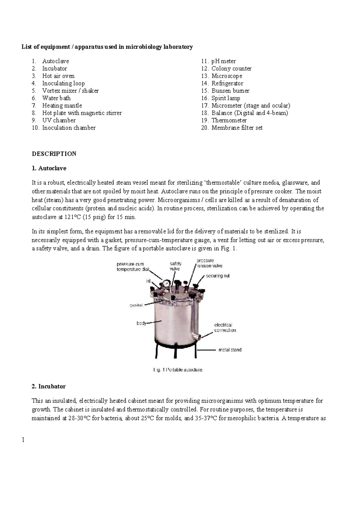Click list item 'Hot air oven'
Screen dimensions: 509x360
pyautogui.click(x=58, y=76)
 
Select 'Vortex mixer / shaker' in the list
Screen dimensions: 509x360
pyautogui.click(x=70, y=91)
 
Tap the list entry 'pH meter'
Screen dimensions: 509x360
pyautogui.click(x=223, y=61)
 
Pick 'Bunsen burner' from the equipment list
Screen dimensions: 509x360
pyautogui.click(x=230, y=91)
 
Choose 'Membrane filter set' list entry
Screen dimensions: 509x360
pyautogui.click(x=237, y=128)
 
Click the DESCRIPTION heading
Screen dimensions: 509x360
pyautogui.click(x=54, y=154)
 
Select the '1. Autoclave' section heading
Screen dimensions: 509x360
pyautogui.click(x=49, y=168)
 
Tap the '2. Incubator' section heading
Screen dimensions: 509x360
pyautogui.click(x=48, y=386)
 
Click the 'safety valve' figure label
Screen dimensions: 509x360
pyautogui.click(x=175, y=266)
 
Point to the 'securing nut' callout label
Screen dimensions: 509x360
pyautogui.click(x=217, y=276)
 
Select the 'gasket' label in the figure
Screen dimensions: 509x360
pyautogui.click(x=136, y=305)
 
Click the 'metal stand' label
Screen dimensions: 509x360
pyautogui.click(x=230, y=350)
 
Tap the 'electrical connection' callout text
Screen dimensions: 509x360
pyautogui.click(x=225, y=327)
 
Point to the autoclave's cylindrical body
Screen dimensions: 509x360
pyautogui.click(x=171, y=323)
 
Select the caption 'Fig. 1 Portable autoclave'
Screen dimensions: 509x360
pyautogui.click(x=178, y=370)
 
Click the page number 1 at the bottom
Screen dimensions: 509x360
pyautogui.click(x=23, y=440)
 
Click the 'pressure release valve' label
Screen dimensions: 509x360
pyautogui.click(x=209, y=263)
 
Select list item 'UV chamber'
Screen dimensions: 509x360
pyautogui.click(x=59, y=120)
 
